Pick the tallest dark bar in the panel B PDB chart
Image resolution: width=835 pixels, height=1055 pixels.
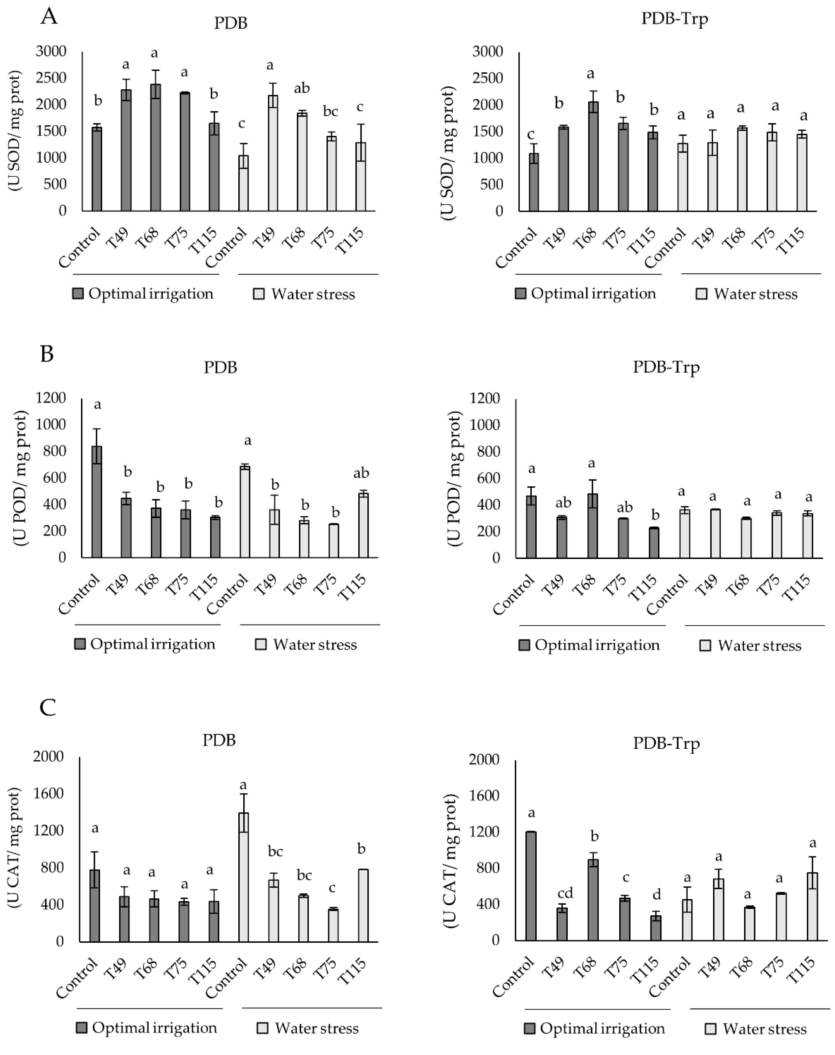(97, 501)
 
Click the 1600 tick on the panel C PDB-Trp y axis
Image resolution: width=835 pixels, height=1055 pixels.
(484, 796)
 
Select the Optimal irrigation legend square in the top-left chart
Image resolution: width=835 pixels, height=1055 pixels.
(78, 294)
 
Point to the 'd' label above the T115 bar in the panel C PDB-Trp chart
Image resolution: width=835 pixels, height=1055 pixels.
(656, 894)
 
